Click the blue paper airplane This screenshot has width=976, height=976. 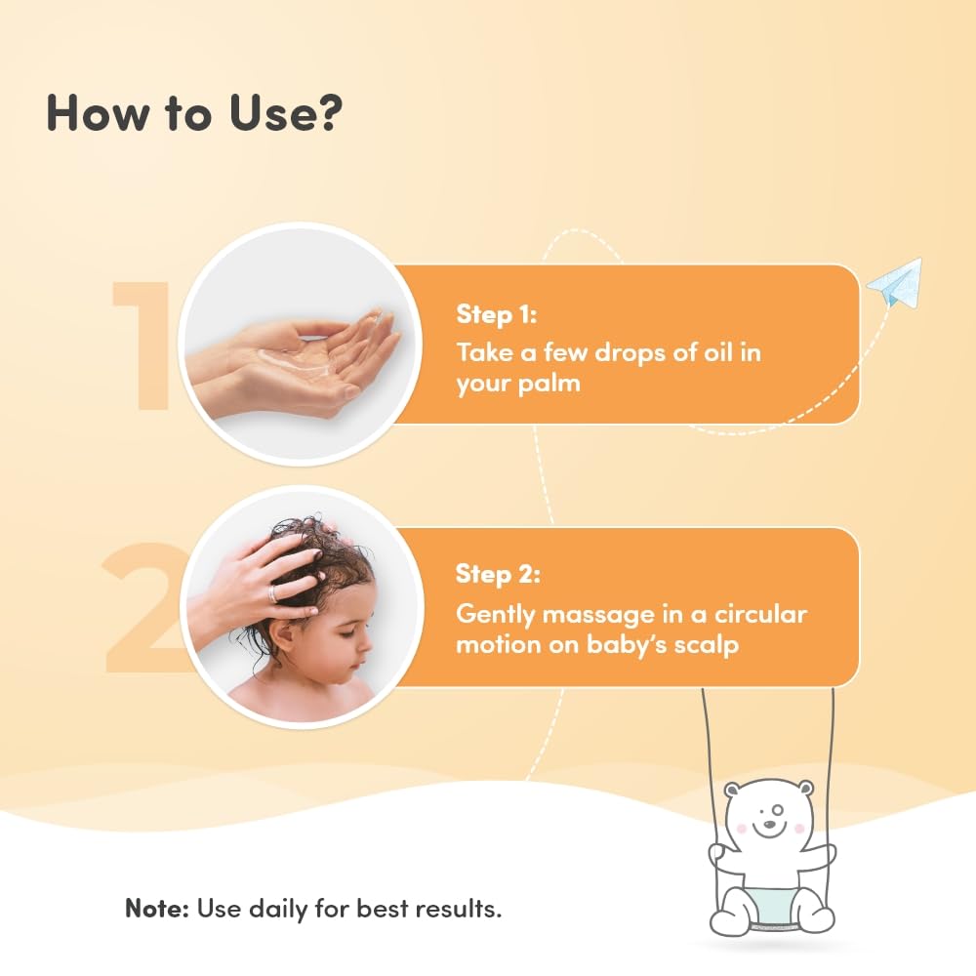tap(894, 282)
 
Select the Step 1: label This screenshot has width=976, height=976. tap(496, 314)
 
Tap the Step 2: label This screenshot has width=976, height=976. tap(498, 574)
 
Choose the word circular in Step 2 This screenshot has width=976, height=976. tap(760, 614)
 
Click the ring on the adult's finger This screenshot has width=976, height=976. tap(273, 592)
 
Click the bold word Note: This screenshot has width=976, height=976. tap(157, 908)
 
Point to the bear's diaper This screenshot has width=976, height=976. tap(772, 905)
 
